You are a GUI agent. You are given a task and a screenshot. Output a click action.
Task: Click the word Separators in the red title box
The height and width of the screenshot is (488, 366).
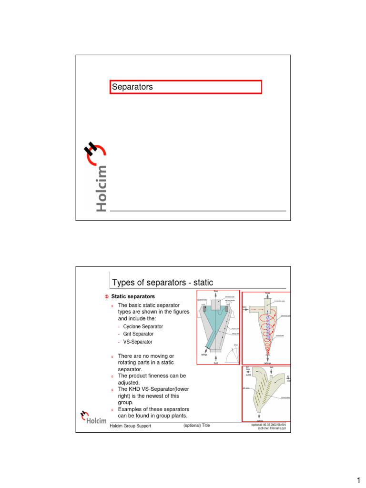coord(132,87)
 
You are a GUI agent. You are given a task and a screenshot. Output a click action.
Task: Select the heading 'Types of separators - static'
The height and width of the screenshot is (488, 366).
coord(163,283)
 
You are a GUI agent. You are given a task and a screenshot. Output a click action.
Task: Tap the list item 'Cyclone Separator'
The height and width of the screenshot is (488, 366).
coord(143,326)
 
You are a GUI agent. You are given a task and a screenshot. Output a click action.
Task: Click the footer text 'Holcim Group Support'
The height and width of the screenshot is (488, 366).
coord(131,426)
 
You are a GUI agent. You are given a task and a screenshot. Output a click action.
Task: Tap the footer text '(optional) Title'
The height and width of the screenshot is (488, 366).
coord(196,425)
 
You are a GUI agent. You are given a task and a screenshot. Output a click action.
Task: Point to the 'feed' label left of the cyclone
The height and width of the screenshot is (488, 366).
coord(245,307)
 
